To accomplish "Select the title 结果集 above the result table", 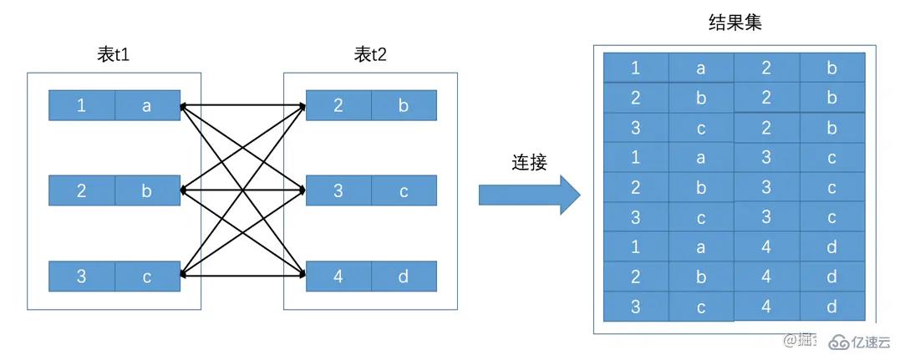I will (735, 23).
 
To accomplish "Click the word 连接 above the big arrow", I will (529, 162).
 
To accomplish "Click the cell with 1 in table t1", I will (81, 106).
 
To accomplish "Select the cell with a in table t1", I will (147, 106).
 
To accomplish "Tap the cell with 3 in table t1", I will (81, 276).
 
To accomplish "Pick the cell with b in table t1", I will (147, 191).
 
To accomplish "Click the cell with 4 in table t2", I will (338, 276).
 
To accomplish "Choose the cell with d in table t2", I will (404, 276).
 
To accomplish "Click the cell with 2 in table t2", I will (338, 106).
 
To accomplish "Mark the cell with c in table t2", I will (404, 191).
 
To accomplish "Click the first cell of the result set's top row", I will (636, 68).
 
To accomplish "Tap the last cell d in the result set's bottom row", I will (831, 307).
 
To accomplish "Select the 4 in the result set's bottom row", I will (766, 307).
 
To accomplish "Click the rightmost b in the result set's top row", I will (831, 68).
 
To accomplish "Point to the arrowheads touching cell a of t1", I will (186, 107).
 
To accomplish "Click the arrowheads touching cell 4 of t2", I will (301, 275).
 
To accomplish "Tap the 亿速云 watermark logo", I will (857, 342).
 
